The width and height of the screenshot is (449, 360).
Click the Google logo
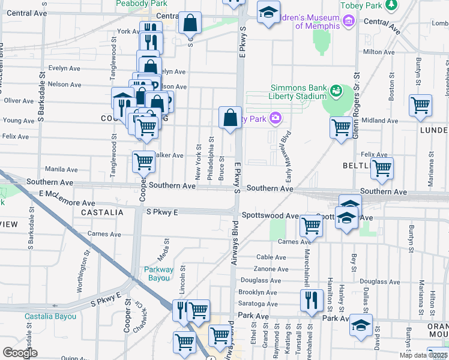(20, 353)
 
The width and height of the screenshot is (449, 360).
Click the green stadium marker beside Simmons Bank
(336, 91)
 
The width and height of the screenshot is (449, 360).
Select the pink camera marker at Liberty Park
(276, 118)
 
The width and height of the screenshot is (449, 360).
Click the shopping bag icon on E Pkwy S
(230, 118)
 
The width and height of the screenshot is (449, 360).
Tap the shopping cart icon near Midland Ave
(341, 127)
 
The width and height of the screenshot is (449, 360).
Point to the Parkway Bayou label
(158, 274)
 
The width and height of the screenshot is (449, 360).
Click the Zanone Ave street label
(271, 269)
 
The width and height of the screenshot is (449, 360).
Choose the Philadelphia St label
(211, 158)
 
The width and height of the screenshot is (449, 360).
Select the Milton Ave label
(379, 52)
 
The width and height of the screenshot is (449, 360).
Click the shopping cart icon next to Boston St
(420, 106)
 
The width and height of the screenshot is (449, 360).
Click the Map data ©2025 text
(423, 355)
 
